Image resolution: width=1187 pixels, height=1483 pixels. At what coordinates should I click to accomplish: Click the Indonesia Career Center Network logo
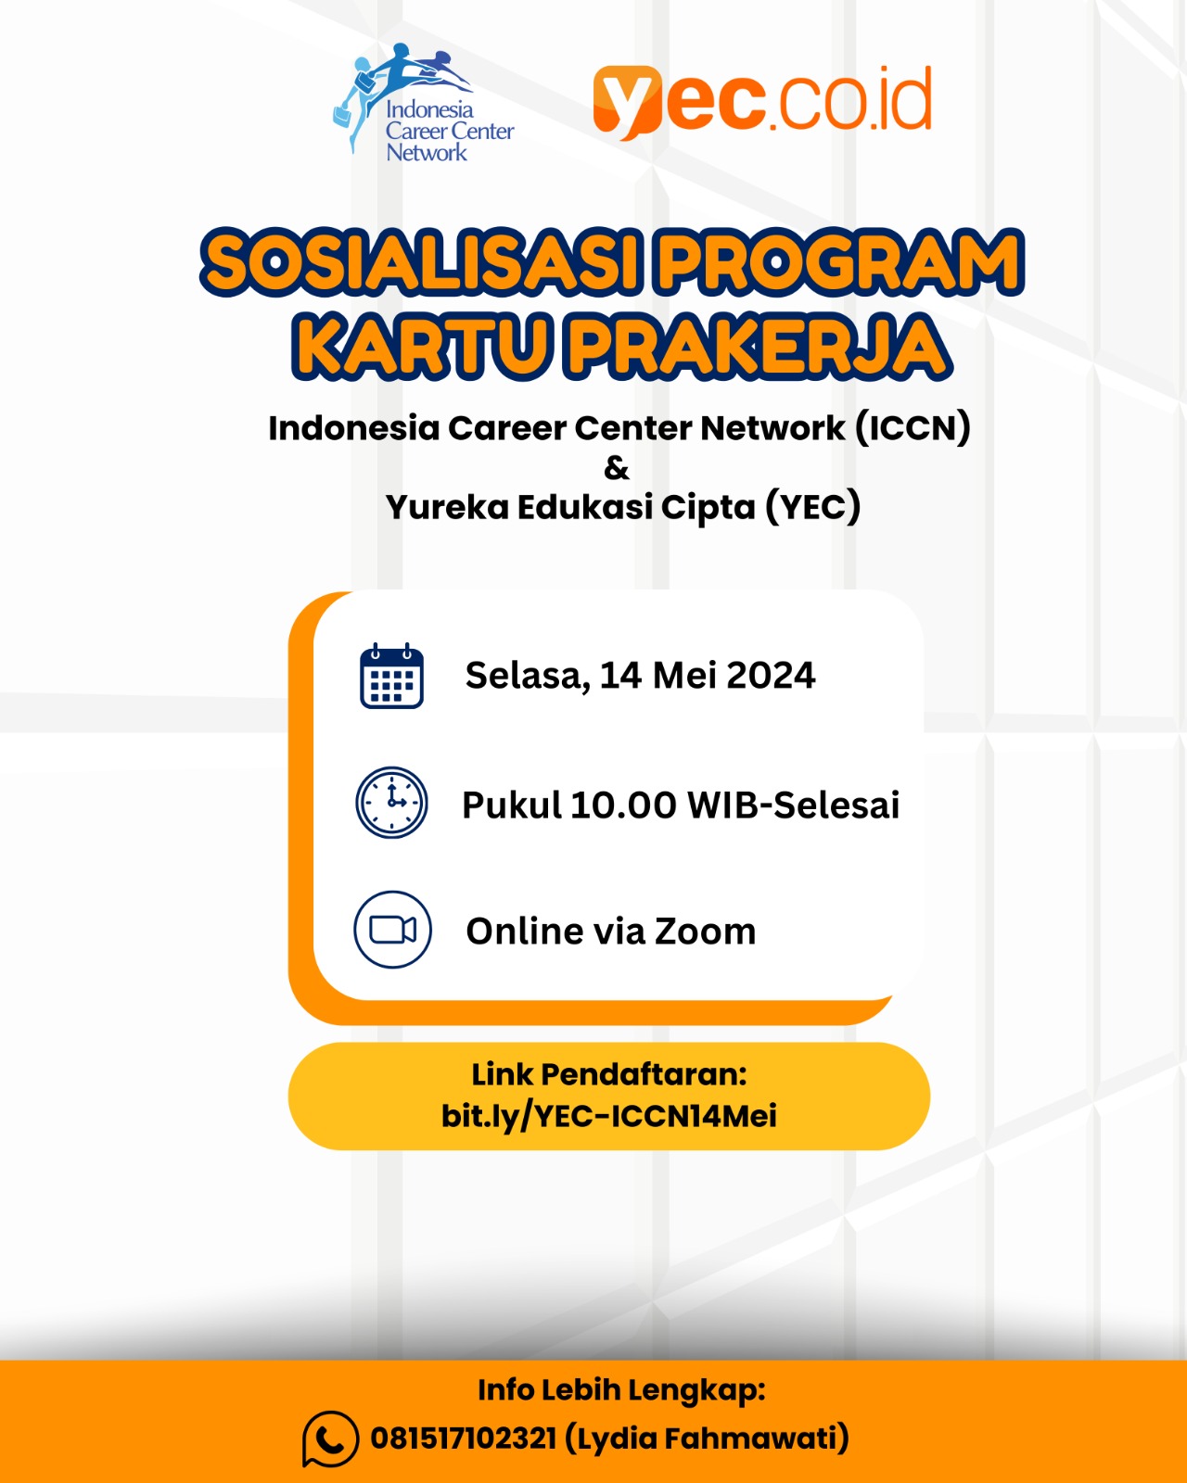(423, 104)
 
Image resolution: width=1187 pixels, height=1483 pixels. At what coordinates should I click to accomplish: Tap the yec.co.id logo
(762, 102)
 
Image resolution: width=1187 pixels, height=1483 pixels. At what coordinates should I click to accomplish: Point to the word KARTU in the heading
(422, 345)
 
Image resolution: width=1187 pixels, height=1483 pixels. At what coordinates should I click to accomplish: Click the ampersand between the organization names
(616, 468)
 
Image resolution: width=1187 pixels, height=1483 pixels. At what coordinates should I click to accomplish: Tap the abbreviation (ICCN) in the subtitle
(913, 428)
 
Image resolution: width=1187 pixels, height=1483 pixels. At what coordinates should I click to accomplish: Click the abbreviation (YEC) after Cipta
(813, 507)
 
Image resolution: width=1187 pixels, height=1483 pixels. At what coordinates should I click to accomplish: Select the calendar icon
(391, 676)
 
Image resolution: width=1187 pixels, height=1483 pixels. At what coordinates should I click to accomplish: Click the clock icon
(391, 803)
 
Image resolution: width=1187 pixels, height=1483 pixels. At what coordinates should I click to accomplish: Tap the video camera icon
(392, 930)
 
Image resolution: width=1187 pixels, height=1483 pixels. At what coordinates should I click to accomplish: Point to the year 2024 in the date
(772, 676)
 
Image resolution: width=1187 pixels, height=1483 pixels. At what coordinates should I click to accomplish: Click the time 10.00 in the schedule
(623, 805)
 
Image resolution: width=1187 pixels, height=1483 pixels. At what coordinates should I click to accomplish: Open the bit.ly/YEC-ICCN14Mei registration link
(609, 1116)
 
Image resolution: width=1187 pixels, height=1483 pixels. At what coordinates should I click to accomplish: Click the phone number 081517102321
(464, 1439)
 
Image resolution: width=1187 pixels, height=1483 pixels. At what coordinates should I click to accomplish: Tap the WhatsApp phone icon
(330, 1439)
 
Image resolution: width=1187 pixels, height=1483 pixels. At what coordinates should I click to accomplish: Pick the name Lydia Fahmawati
(707, 1439)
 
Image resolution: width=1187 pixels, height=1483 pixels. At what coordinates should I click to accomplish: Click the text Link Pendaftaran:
(609, 1074)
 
